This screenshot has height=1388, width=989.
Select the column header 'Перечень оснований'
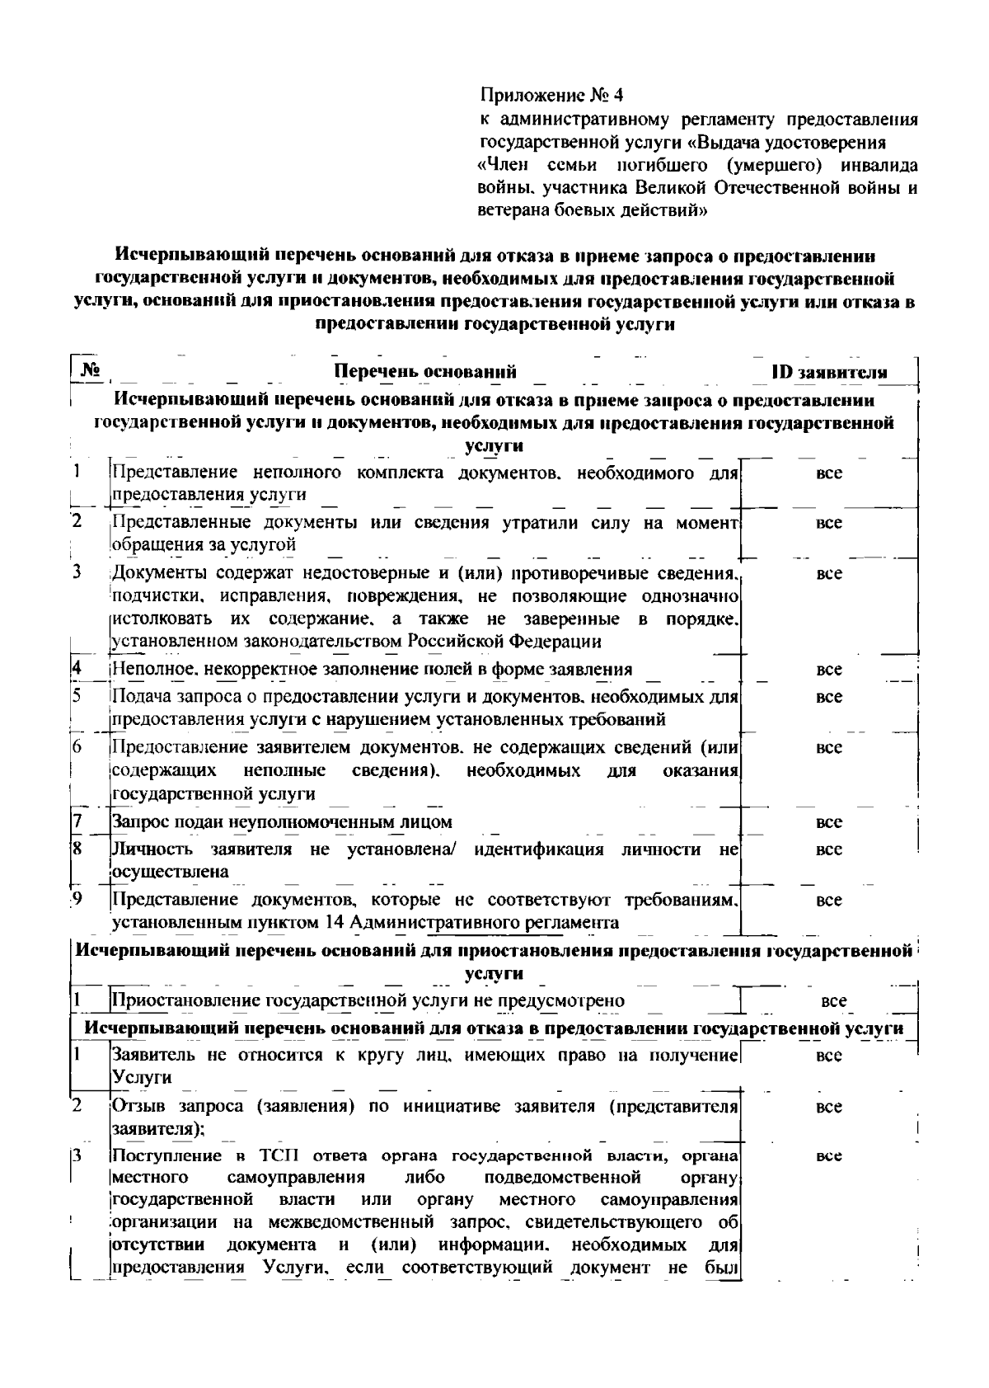pos(424,371)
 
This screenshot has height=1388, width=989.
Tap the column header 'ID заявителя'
pos(829,372)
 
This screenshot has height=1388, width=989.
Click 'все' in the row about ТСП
pos(829,1156)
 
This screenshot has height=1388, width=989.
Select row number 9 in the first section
pos(76,898)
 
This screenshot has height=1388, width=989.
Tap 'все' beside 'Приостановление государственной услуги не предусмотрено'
pos(833,1001)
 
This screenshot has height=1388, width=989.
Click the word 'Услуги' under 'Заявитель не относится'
pos(141,1077)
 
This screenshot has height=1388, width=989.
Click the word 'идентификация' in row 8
pos(538,849)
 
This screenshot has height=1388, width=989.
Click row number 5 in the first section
pos(75,694)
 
